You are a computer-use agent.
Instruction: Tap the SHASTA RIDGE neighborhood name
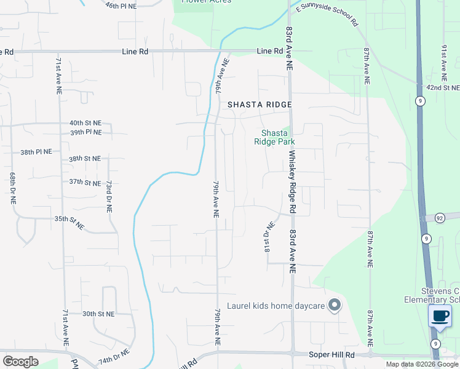coord(260,105)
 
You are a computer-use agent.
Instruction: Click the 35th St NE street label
coord(69,222)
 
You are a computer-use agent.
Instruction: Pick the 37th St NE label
coord(84,182)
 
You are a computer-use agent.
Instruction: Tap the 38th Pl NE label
coord(36,151)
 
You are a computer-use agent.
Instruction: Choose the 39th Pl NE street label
coord(85,132)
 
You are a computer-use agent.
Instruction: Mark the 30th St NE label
coord(98,314)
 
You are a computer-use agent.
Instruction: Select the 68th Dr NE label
coord(12,188)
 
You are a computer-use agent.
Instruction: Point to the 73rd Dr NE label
coord(108,197)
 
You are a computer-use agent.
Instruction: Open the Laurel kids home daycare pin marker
coord(335,305)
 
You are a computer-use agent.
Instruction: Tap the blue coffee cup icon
coord(440,317)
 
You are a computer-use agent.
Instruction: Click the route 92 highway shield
coord(440,218)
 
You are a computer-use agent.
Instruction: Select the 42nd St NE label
coord(443,88)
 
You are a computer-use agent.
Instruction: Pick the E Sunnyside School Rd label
coord(327,15)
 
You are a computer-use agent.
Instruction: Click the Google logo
coord(20,361)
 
